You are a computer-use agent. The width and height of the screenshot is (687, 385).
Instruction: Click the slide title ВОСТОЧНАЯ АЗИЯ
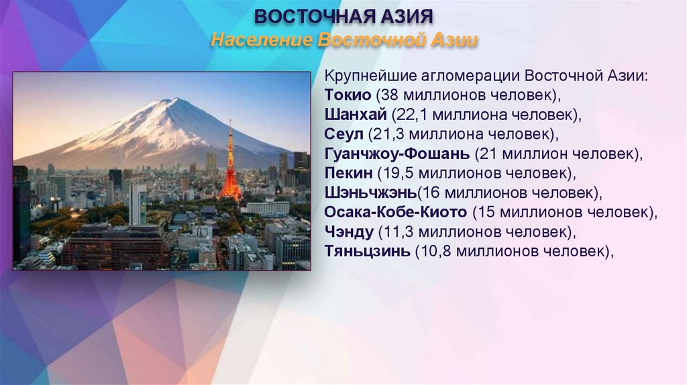coord(343,15)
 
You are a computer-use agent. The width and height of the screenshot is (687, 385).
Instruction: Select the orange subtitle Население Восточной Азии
coord(343,40)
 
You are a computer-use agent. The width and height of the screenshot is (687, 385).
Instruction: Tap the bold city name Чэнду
coord(348,232)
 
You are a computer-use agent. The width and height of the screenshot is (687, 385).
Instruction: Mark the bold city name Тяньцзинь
coord(366,252)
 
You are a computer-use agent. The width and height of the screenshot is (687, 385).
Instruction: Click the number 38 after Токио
coord(387,95)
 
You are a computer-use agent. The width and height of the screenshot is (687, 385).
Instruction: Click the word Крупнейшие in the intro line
coord(363,75)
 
